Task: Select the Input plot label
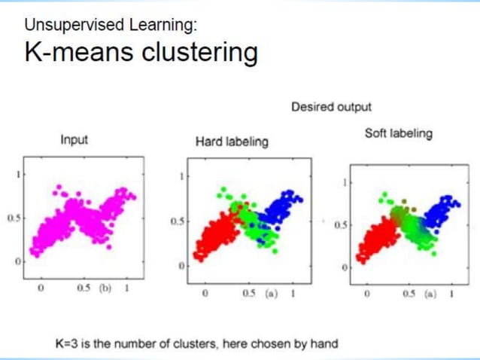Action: click(x=74, y=139)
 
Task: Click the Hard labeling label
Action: click(x=231, y=142)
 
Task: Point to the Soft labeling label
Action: click(x=398, y=133)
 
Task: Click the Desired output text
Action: click(x=331, y=108)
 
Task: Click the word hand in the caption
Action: click(x=324, y=343)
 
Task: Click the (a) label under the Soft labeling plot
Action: click(x=430, y=293)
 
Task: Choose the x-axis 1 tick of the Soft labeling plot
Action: click(x=452, y=293)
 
